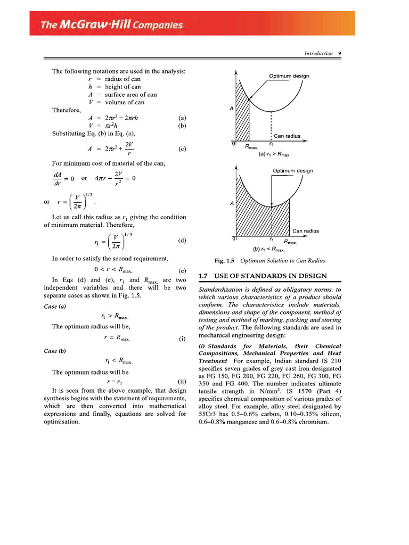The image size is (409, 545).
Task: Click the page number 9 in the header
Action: pos(339,53)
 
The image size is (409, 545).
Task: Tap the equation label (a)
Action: pos(183,118)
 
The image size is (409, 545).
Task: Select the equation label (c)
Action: pos(183,149)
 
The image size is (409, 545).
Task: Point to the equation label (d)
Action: pos(183,240)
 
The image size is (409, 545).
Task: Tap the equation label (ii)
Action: pos(182,382)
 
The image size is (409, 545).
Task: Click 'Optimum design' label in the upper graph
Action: pos(288,76)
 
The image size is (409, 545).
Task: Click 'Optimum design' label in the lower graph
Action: pos(292,170)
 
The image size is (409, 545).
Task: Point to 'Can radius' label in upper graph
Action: pos(287,136)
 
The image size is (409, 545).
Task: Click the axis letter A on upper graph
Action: pos(231,109)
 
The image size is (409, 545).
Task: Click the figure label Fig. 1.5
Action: pos(224,260)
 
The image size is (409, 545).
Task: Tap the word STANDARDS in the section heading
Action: pos(257,276)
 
